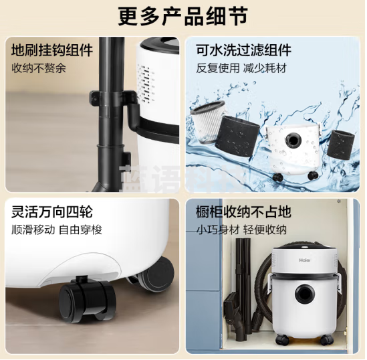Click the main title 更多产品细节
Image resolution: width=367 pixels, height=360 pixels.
(x=183, y=15)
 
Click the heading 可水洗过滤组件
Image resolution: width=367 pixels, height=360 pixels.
(x=243, y=50)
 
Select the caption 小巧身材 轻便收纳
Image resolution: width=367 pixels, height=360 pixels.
(x=241, y=230)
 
